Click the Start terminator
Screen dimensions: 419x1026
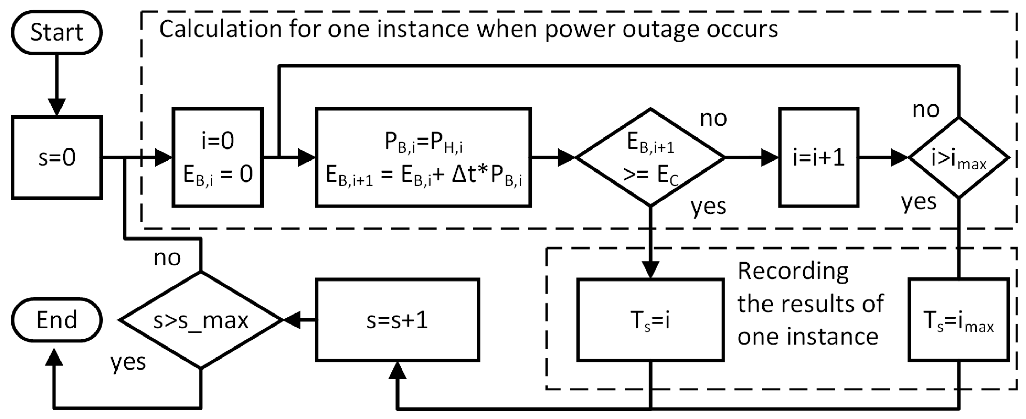tap(57, 32)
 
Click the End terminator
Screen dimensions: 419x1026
tap(57, 320)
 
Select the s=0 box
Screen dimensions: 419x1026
tap(57, 157)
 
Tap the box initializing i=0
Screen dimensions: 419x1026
tap(218, 157)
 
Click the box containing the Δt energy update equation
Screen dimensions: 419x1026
tap(423, 157)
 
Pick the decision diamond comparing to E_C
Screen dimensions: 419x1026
tap(650, 157)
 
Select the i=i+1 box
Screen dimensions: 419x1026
tap(818, 157)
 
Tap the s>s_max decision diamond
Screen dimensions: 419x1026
tap(201, 320)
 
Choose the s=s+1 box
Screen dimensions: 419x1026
tap(397, 320)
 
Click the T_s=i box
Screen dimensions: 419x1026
tap(650, 320)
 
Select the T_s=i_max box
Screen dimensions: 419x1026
tap(959, 320)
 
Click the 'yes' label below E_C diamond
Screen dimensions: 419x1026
tap(708, 206)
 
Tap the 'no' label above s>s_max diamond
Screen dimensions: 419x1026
tap(167, 258)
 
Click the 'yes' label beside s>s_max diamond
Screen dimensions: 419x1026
tap(128, 362)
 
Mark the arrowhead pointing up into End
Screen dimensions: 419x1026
tap(54, 356)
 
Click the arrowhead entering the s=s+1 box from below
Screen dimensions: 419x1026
tap(397, 371)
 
